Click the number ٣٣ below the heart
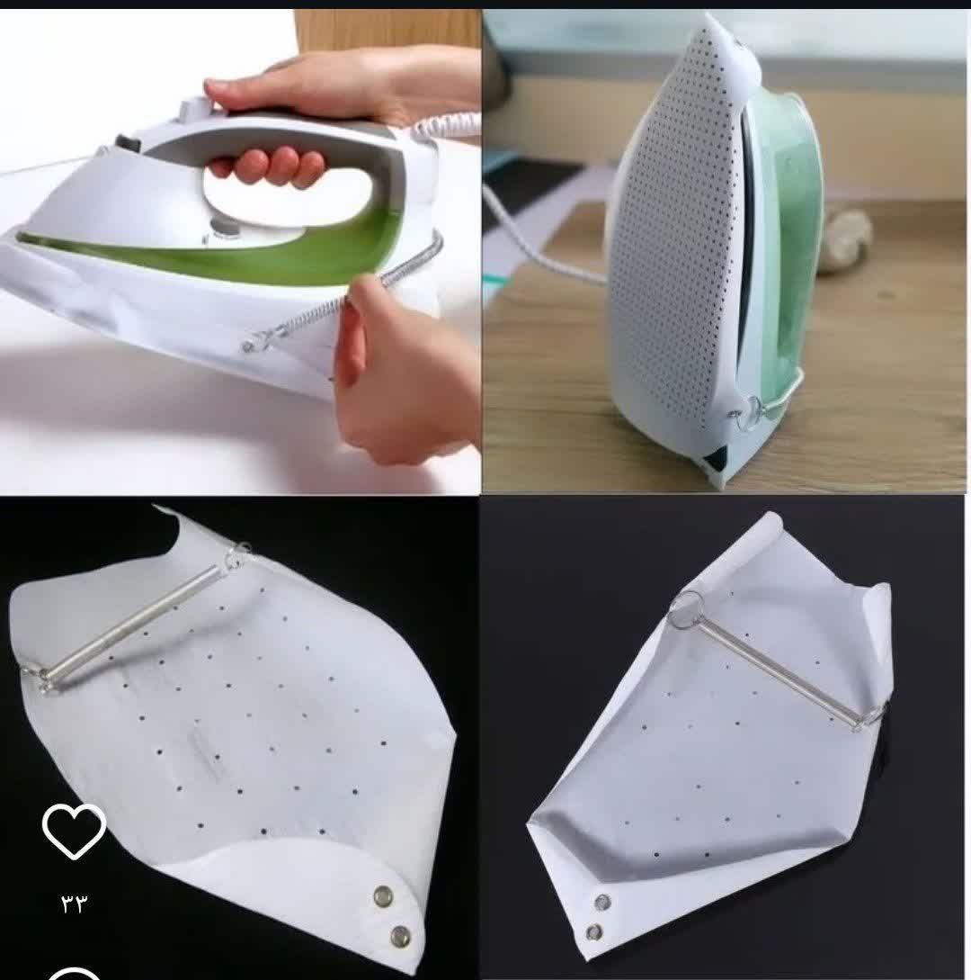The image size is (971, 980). pyautogui.click(x=75, y=904)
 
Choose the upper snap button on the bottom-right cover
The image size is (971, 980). pyautogui.click(x=602, y=902)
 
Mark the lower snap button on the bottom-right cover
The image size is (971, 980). pyautogui.click(x=594, y=933)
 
